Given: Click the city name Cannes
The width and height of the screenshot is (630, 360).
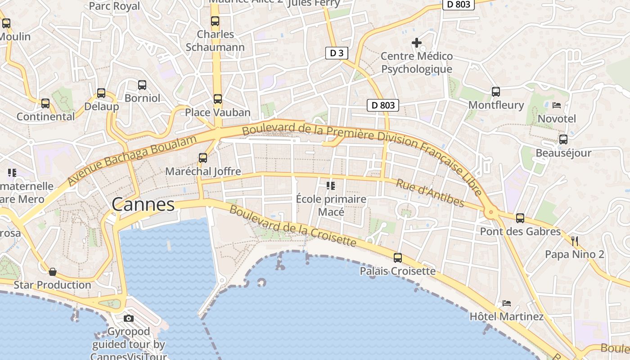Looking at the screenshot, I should pos(143,205).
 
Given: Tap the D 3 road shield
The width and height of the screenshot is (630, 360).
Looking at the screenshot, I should pos(337,53).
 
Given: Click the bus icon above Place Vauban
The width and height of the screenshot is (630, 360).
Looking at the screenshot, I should pos(218,99).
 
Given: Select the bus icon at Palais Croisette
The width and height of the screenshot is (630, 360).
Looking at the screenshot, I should pos(398,258).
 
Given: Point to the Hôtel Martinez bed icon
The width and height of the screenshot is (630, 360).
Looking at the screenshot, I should pos(507,303).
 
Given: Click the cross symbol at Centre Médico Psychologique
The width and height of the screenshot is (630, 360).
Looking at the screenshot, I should pos(417,43).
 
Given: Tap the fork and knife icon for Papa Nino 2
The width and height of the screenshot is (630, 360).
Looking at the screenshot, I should pos(574,241).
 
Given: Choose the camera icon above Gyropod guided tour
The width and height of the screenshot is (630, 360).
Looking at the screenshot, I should pos(129,319).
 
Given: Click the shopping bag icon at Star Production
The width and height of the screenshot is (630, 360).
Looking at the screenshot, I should pos(53,272).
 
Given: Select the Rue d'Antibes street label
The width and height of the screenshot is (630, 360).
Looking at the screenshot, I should pos(430,193).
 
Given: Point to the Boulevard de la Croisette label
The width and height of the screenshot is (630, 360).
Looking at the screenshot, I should pos(292,226).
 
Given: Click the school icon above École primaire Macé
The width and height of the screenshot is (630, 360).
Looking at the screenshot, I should pos(331,185).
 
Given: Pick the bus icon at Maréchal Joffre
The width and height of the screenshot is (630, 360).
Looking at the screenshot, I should pos(203,158).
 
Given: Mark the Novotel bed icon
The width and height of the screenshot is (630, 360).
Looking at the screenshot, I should pos(557,105).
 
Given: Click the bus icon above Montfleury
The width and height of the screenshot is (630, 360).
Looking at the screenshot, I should pos(496,92).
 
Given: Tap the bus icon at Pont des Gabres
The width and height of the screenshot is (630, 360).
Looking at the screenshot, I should pos(520,218).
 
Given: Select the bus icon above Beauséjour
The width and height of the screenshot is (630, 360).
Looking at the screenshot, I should pos(563,139).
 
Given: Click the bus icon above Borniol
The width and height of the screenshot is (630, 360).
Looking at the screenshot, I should pos(142,85).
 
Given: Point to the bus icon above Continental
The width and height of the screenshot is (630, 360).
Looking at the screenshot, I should pos(45,103).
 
